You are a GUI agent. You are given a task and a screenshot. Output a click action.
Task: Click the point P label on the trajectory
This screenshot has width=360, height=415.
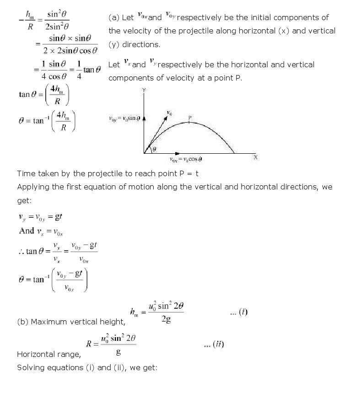click(x=190, y=118)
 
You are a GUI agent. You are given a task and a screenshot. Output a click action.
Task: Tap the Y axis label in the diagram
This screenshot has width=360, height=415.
click(x=144, y=91)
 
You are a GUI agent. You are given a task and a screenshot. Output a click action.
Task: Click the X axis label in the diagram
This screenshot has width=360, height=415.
click(x=255, y=157)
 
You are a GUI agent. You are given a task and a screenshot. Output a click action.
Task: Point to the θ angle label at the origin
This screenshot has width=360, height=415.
click(x=154, y=149)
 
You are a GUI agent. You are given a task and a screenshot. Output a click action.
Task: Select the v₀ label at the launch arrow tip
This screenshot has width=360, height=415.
click(x=170, y=113)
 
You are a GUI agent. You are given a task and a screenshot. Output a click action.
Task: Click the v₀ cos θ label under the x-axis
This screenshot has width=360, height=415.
click(x=186, y=159)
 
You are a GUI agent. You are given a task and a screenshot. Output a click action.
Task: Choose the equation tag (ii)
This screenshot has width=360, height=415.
click(x=214, y=344)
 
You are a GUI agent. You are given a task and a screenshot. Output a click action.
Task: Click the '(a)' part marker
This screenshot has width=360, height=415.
click(x=114, y=17)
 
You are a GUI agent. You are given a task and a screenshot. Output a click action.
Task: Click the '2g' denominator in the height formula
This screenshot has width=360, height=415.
click(x=166, y=320)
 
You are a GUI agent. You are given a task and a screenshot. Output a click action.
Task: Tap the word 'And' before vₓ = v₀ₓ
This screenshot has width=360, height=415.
click(x=27, y=231)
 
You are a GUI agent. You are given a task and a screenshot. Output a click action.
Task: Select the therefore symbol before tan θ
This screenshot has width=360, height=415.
click(x=21, y=251)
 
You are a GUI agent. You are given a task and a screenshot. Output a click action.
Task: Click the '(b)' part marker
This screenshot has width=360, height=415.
click(x=23, y=322)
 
